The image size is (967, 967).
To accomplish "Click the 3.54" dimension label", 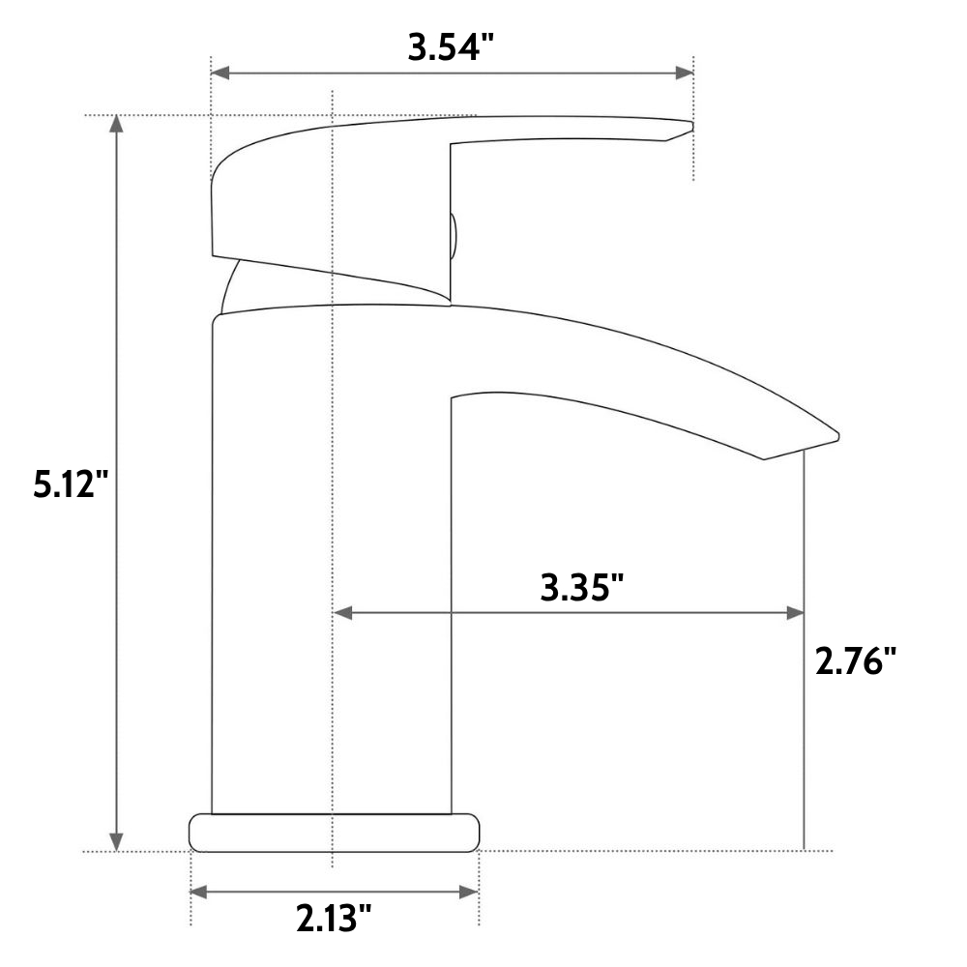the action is [x=451, y=47].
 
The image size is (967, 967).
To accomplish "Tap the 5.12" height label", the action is [x=71, y=483].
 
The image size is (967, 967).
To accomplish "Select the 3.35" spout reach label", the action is [x=582, y=587].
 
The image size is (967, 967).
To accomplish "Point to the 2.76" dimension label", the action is [x=856, y=660].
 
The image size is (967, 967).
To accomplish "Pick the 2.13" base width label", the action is [x=334, y=918].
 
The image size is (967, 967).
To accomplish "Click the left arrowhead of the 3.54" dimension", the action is [x=220, y=73].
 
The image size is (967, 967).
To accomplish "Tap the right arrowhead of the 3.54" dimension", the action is [x=685, y=73].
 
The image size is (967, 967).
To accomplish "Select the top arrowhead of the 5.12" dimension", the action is [x=116, y=124].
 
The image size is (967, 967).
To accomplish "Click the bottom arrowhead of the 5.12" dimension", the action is [x=116, y=842].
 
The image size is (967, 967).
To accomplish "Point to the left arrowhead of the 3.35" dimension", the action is [x=342, y=613].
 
